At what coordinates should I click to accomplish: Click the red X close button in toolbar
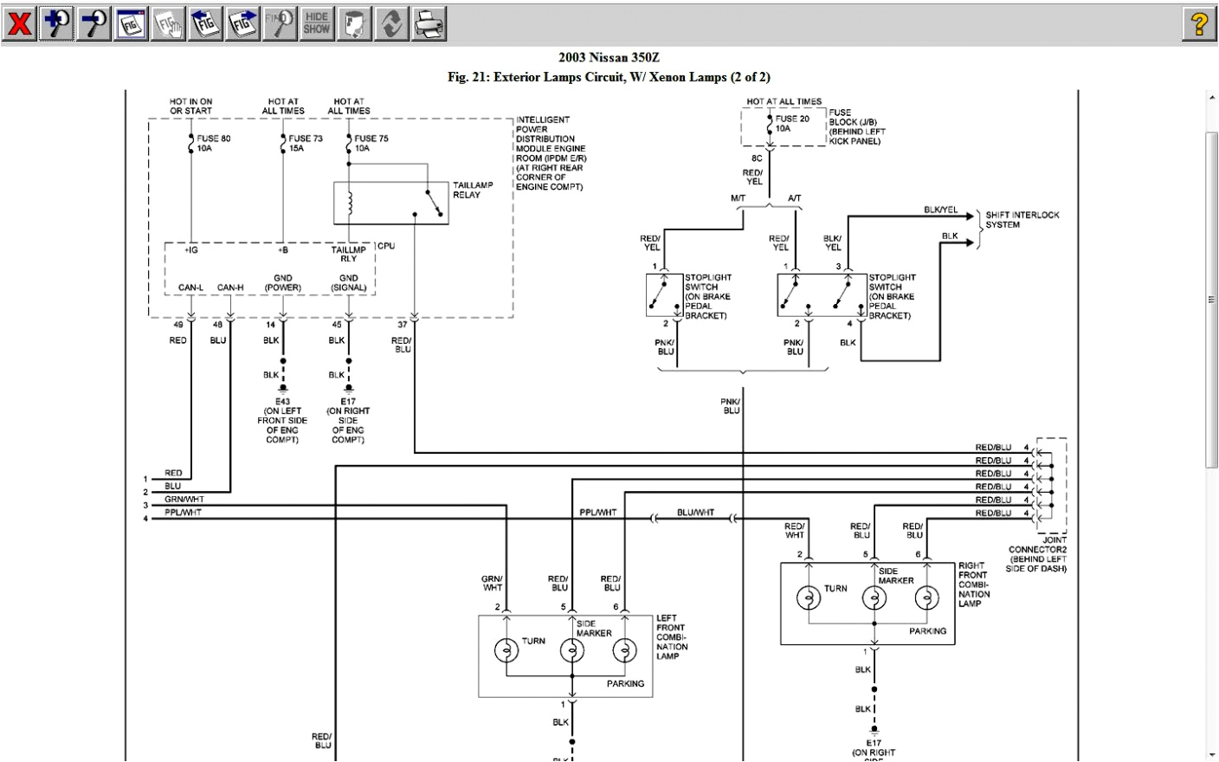point(19,23)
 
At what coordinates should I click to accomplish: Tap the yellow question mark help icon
point(1198,23)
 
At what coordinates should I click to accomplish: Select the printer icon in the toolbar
point(429,23)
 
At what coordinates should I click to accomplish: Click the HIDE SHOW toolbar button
point(317,23)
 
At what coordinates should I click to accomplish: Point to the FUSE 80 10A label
point(213,143)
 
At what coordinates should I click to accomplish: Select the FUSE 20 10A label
point(792,123)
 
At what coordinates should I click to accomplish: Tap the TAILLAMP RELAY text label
point(473,190)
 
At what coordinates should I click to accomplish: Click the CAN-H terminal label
point(230,287)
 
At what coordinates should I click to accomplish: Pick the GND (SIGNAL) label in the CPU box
point(348,283)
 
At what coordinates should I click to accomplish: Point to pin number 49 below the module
point(178,326)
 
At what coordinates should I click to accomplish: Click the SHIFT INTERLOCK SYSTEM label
point(1022,220)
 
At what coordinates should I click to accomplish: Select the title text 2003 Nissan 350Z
point(609,58)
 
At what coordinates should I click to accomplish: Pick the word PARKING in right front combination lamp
point(927,631)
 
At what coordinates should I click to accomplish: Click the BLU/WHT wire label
point(695,513)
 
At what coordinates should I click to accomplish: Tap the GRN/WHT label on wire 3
point(184,500)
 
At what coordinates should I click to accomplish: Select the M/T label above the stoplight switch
point(738,198)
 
